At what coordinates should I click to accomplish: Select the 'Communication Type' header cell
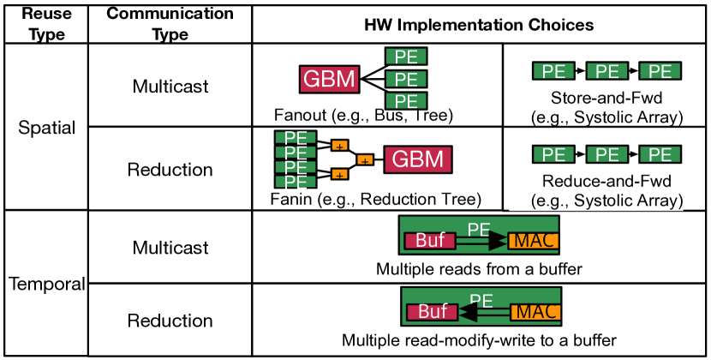pyautogui.click(x=170, y=21)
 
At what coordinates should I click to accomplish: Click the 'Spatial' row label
pyautogui.click(x=47, y=129)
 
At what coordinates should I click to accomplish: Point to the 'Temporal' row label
pyautogui.click(x=47, y=284)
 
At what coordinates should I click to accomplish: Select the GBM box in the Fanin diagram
pyautogui.click(x=419, y=159)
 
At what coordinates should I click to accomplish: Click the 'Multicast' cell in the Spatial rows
pyautogui.click(x=170, y=87)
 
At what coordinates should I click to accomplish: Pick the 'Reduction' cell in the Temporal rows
pyautogui.click(x=170, y=321)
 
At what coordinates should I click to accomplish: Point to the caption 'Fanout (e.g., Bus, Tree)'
pyautogui.click(x=363, y=114)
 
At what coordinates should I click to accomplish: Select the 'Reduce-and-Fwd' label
pyautogui.click(x=606, y=183)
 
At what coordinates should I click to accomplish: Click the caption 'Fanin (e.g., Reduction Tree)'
pyautogui.click(x=374, y=200)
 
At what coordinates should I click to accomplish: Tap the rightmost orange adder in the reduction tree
pyautogui.click(x=365, y=160)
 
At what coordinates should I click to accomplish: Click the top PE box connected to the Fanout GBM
pyautogui.click(x=406, y=57)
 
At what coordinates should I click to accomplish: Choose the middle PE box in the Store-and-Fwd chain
pyautogui.click(x=606, y=71)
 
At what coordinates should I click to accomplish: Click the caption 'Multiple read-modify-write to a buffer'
pyautogui.click(x=479, y=340)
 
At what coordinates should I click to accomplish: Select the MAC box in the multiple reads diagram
pyautogui.click(x=533, y=241)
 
